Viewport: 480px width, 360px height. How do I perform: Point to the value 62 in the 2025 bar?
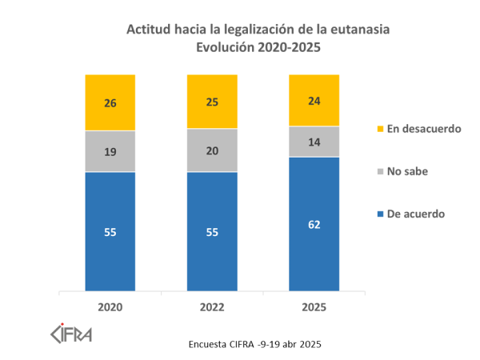point(314,225)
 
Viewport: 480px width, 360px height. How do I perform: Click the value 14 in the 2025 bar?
point(314,141)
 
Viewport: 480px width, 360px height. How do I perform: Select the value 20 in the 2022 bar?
point(212,150)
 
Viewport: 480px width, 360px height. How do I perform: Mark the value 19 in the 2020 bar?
point(110,150)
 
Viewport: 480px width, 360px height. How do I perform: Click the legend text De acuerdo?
point(415,214)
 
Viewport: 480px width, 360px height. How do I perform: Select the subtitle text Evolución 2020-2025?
point(259,47)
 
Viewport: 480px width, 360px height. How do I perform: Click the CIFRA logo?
point(71,332)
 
